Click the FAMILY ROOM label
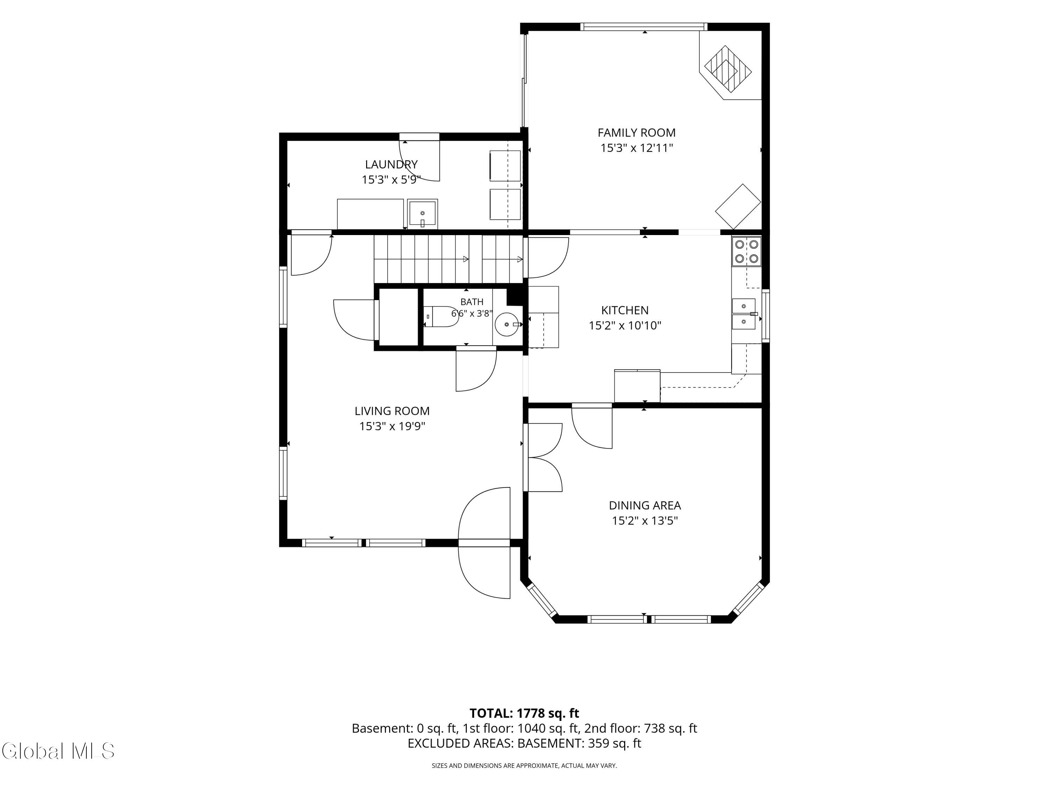(x=636, y=133)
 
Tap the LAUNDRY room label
(x=391, y=165)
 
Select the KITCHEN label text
(x=625, y=310)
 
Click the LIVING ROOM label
(x=392, y=411)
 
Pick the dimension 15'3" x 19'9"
(x=392, y=426)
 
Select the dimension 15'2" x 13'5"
(x=644, y=520)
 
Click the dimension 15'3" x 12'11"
(x=636, y=148)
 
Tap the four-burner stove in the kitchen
(x=747, y=251)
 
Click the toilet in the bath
(x=441, y=317)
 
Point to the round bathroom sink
(x=508, y=324)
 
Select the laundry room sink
(x=422, y=214)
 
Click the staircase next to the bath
(x=449, y=259)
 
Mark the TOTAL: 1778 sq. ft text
(x=524, y=713)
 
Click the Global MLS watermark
(x=58, y=751)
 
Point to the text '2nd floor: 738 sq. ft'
(x=640, y=728)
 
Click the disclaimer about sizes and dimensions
(x=524, y=765)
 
